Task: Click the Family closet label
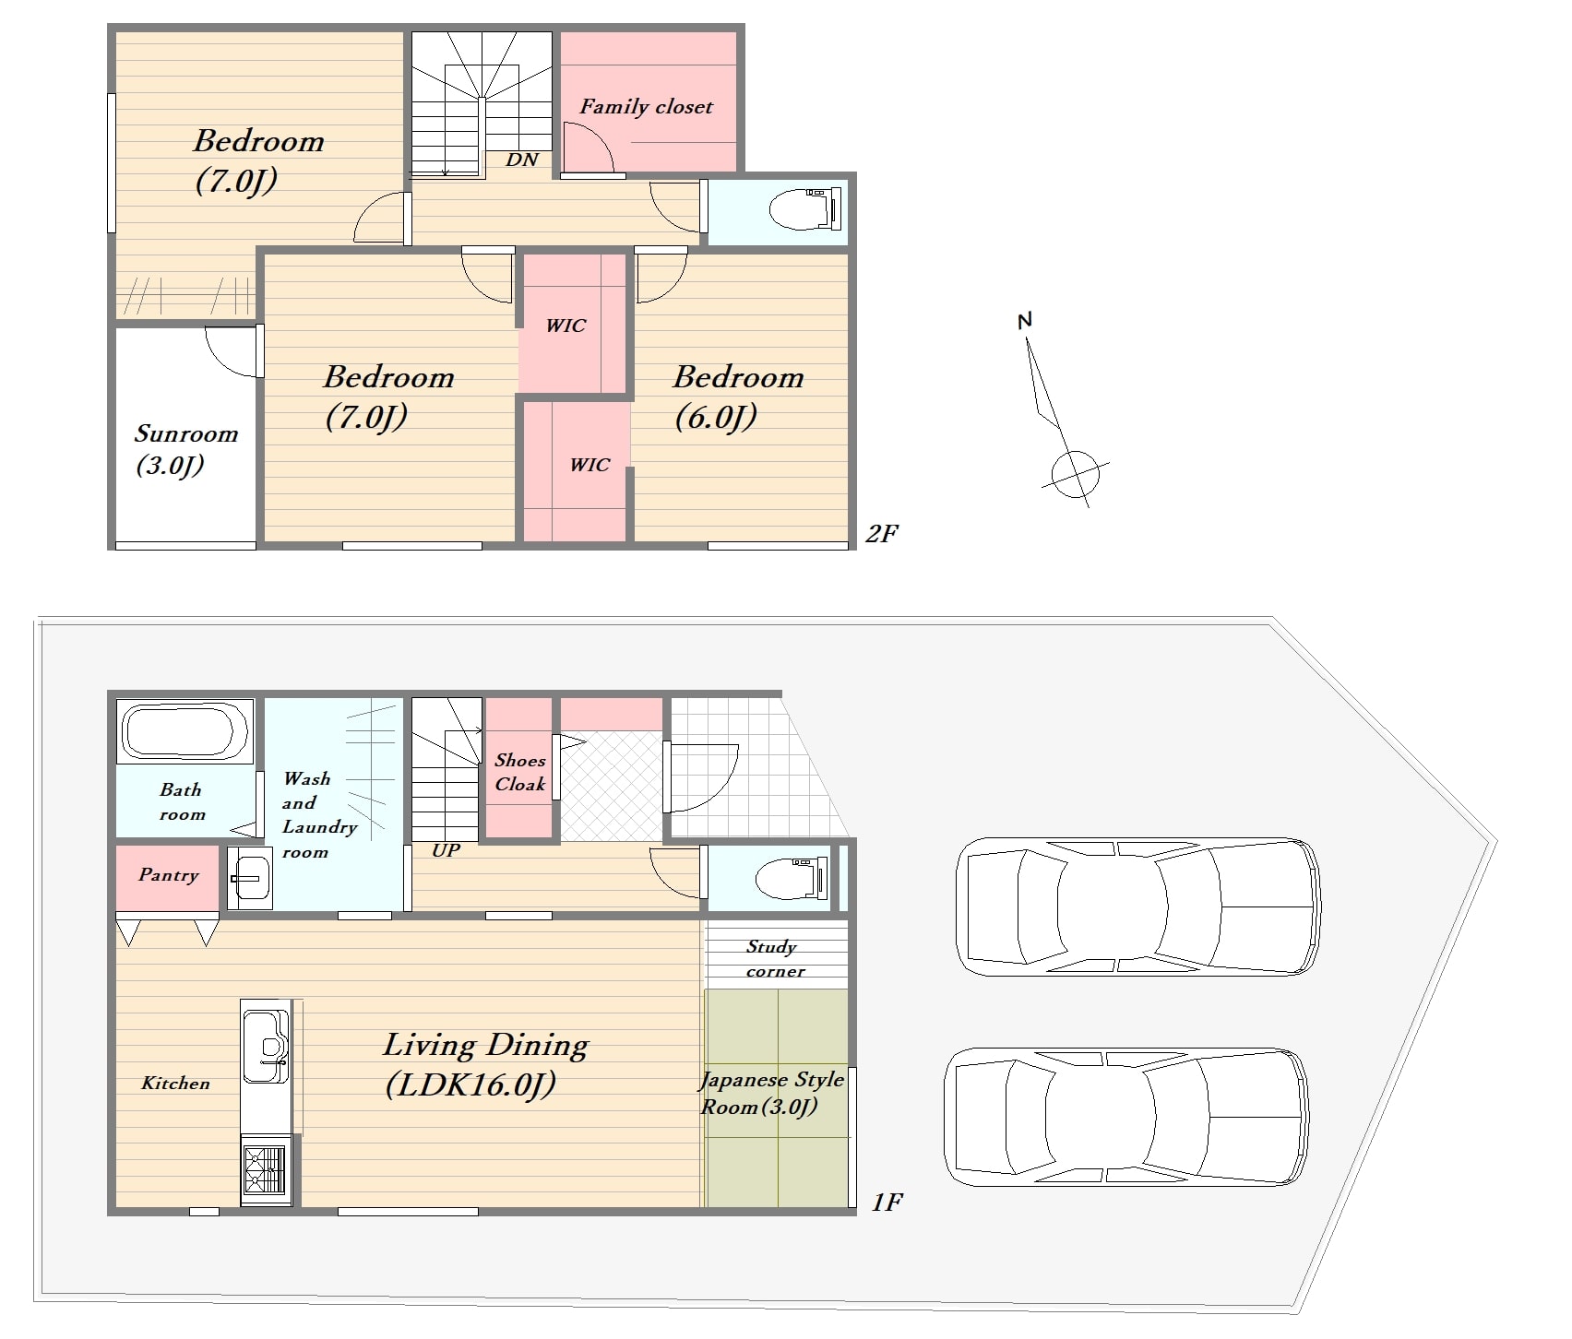point(646,107)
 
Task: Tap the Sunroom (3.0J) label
point(185,449)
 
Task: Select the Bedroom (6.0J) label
point(738,397)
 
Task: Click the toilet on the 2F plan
point(805,209)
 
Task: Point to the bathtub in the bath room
point(185,731)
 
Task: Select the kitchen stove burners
point(265,1169)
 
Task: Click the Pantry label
point(168,874)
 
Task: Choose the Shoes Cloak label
point(520,772)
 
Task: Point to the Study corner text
point(775,958)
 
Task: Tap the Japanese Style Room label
point(772,1093)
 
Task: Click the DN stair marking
point(522,160)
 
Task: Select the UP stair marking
point(446,850)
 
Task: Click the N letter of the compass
point(1024,321)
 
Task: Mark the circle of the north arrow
point(1076,475)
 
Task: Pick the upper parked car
point(1138,906)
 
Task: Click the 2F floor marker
point(882,534)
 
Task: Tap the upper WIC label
point(566,326)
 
